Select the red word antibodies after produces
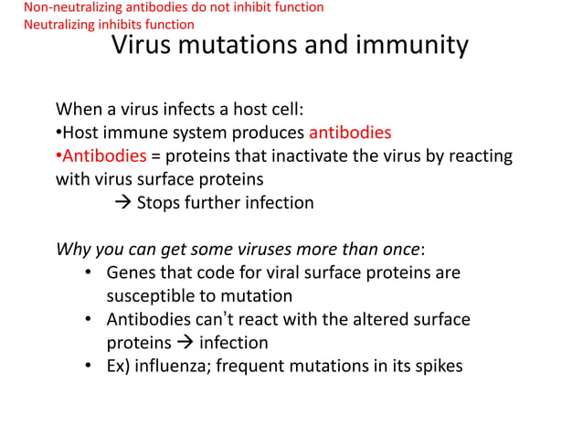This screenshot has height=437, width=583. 350,133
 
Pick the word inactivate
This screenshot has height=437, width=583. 308,156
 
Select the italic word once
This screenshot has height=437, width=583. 401,250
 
